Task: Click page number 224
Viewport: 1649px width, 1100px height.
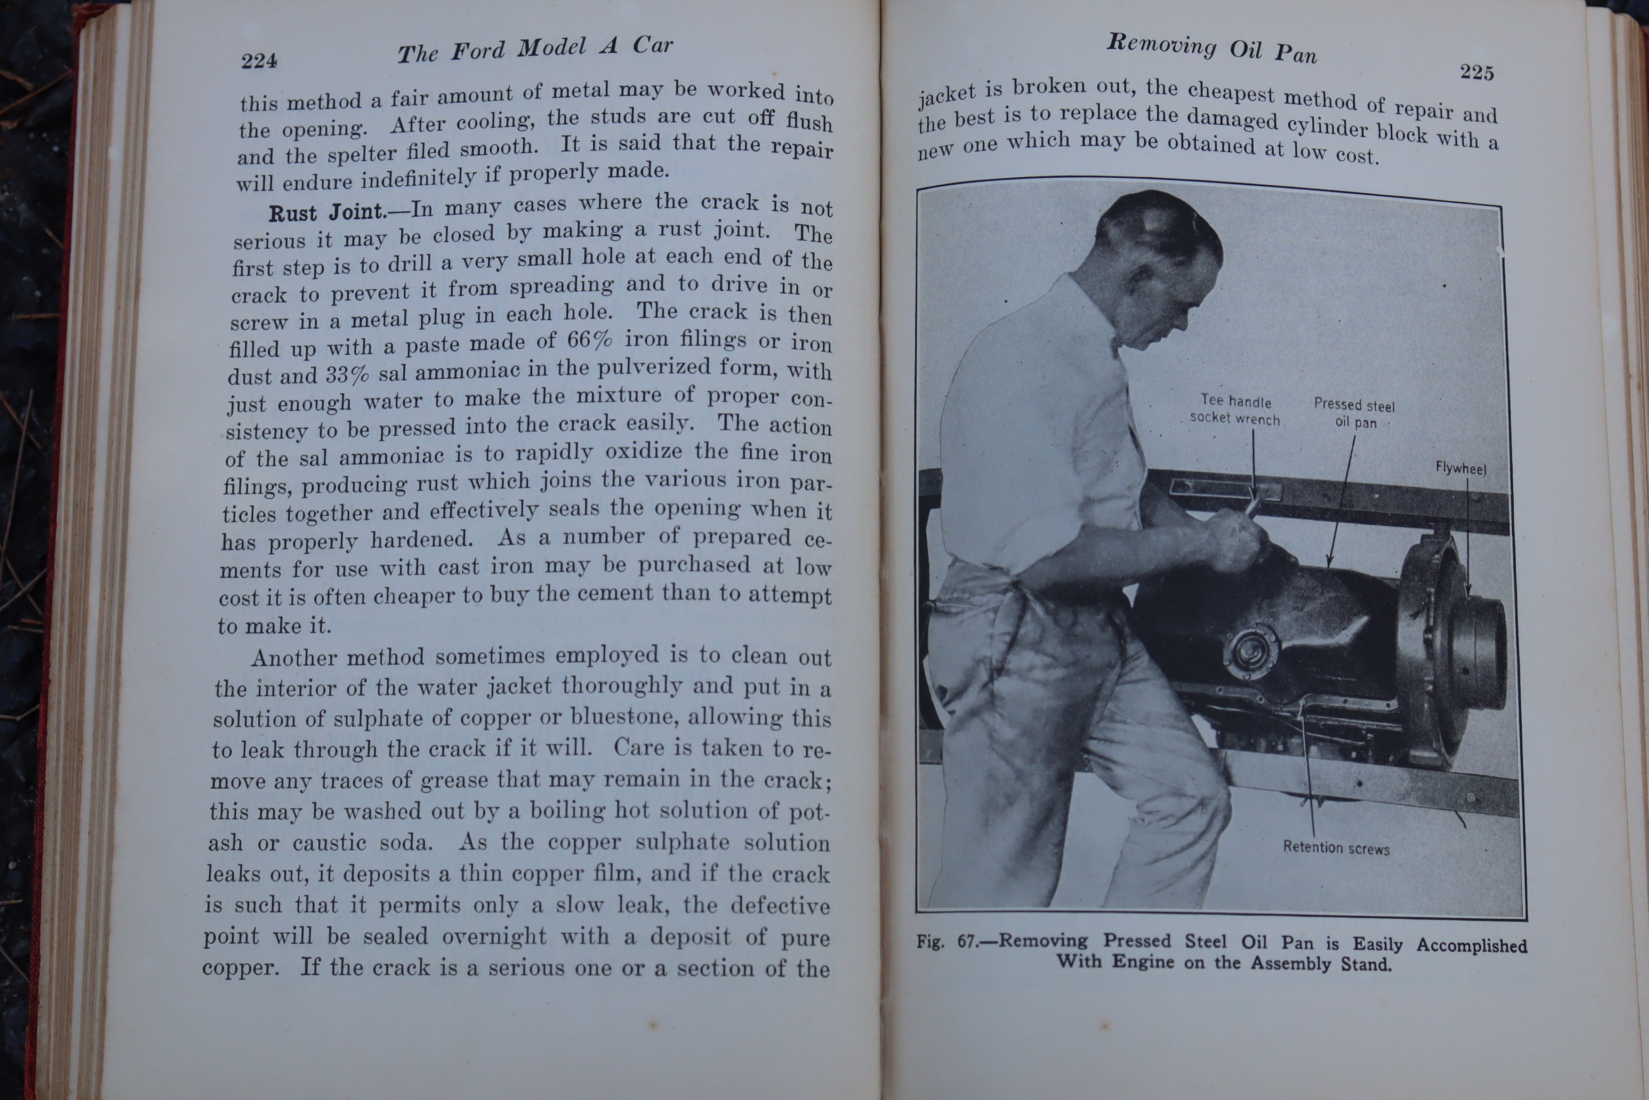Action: [259, 61]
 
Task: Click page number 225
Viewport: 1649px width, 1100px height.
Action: [1476, 72]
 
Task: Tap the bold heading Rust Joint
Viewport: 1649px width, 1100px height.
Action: [327, 212]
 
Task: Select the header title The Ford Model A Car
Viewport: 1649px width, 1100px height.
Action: [535, 49]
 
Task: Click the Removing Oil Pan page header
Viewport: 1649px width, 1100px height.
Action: [1212, 48]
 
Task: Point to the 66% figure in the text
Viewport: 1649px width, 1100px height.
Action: [589, 340]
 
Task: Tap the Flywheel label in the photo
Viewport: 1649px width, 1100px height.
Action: [1460, 468]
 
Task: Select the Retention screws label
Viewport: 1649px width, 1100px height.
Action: [1337, 847]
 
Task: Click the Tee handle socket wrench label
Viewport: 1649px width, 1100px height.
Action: [1236, 410]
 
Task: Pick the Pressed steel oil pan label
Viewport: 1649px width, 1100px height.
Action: [1355, 413]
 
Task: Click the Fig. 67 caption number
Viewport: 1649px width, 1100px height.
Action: [947, 941]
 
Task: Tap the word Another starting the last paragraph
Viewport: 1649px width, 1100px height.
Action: [294, 658]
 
